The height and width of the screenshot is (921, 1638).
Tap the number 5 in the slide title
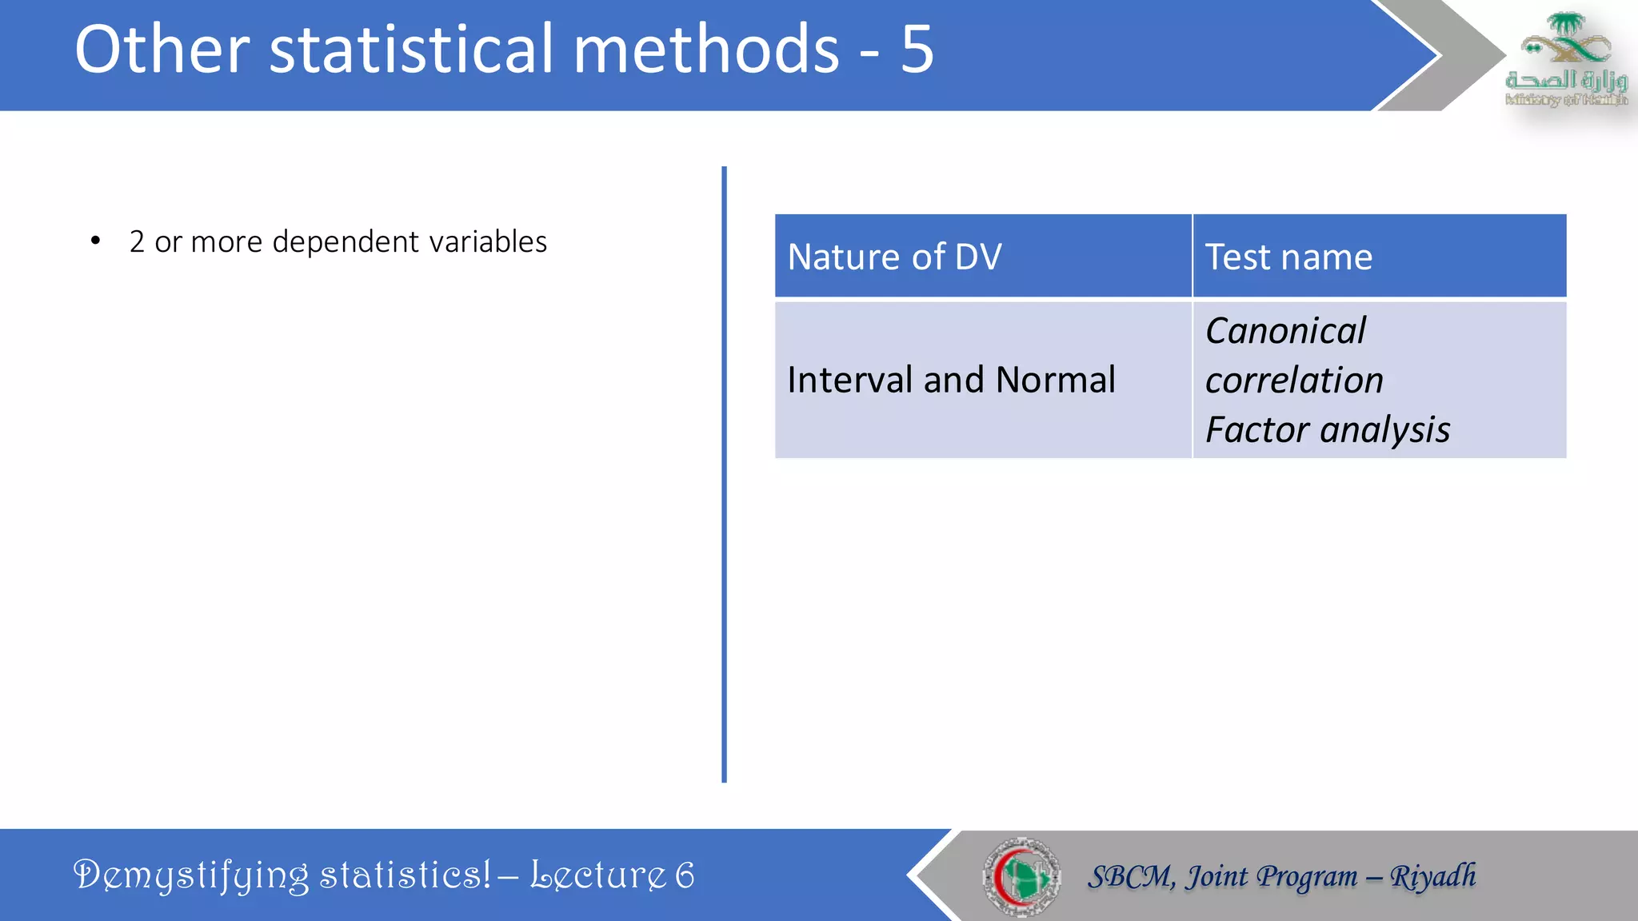tap(917, 50)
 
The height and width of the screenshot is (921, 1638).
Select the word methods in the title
tap(706, 50)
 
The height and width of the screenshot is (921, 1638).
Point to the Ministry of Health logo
tap(1565, 60)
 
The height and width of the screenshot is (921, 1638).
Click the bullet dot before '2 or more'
tap(96, 241)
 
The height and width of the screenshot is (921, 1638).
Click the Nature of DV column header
tap(894, 257)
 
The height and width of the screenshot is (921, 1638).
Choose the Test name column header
tap(1288, 257)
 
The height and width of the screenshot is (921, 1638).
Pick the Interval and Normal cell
tap(951, 380)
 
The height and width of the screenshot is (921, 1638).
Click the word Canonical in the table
tap(1285, 331)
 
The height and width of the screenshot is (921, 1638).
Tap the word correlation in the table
tap(1294, 381)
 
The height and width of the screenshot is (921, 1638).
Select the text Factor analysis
tap(1327, 430)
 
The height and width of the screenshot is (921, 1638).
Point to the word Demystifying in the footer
tap(190, 875)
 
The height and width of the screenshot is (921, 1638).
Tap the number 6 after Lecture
tap(685, 875)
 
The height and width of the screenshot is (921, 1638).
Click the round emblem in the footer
tap(1021, 877)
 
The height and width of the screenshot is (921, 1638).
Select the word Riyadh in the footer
tap(1432, 876)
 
